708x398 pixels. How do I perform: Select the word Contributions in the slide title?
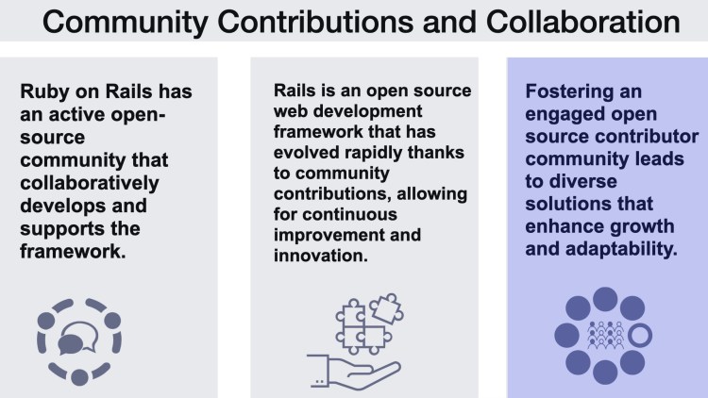(339, 23)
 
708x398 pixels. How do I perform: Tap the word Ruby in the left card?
(43, 93)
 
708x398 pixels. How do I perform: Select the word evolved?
(303, 142)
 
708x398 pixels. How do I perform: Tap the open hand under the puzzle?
(342, 365)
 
